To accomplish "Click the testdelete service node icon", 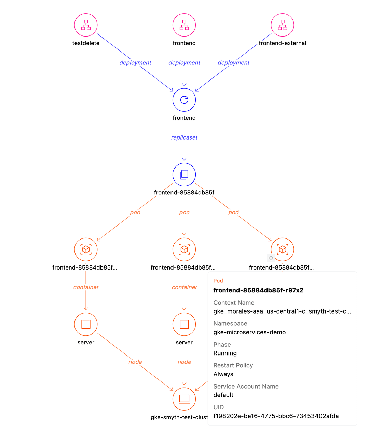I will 86,25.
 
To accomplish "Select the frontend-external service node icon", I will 282,25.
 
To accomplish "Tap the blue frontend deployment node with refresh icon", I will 184,100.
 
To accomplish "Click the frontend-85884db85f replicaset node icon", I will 184,174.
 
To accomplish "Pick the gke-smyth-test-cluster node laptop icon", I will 184,398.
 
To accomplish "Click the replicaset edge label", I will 184,137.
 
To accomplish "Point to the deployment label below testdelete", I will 135,63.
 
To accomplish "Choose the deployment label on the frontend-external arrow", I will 233,63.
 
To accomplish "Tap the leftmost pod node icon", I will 86,249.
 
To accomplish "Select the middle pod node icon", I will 184,249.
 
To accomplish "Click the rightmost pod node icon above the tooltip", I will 283,249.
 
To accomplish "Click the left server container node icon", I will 86,324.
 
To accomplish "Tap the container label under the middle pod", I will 184,287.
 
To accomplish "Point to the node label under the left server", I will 135,362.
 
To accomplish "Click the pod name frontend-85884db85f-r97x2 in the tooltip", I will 258,290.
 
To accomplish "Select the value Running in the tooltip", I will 225,353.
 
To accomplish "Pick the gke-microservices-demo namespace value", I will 249,332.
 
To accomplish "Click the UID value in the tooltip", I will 276,416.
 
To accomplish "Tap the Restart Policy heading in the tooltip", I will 233,365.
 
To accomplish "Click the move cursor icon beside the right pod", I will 271,258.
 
